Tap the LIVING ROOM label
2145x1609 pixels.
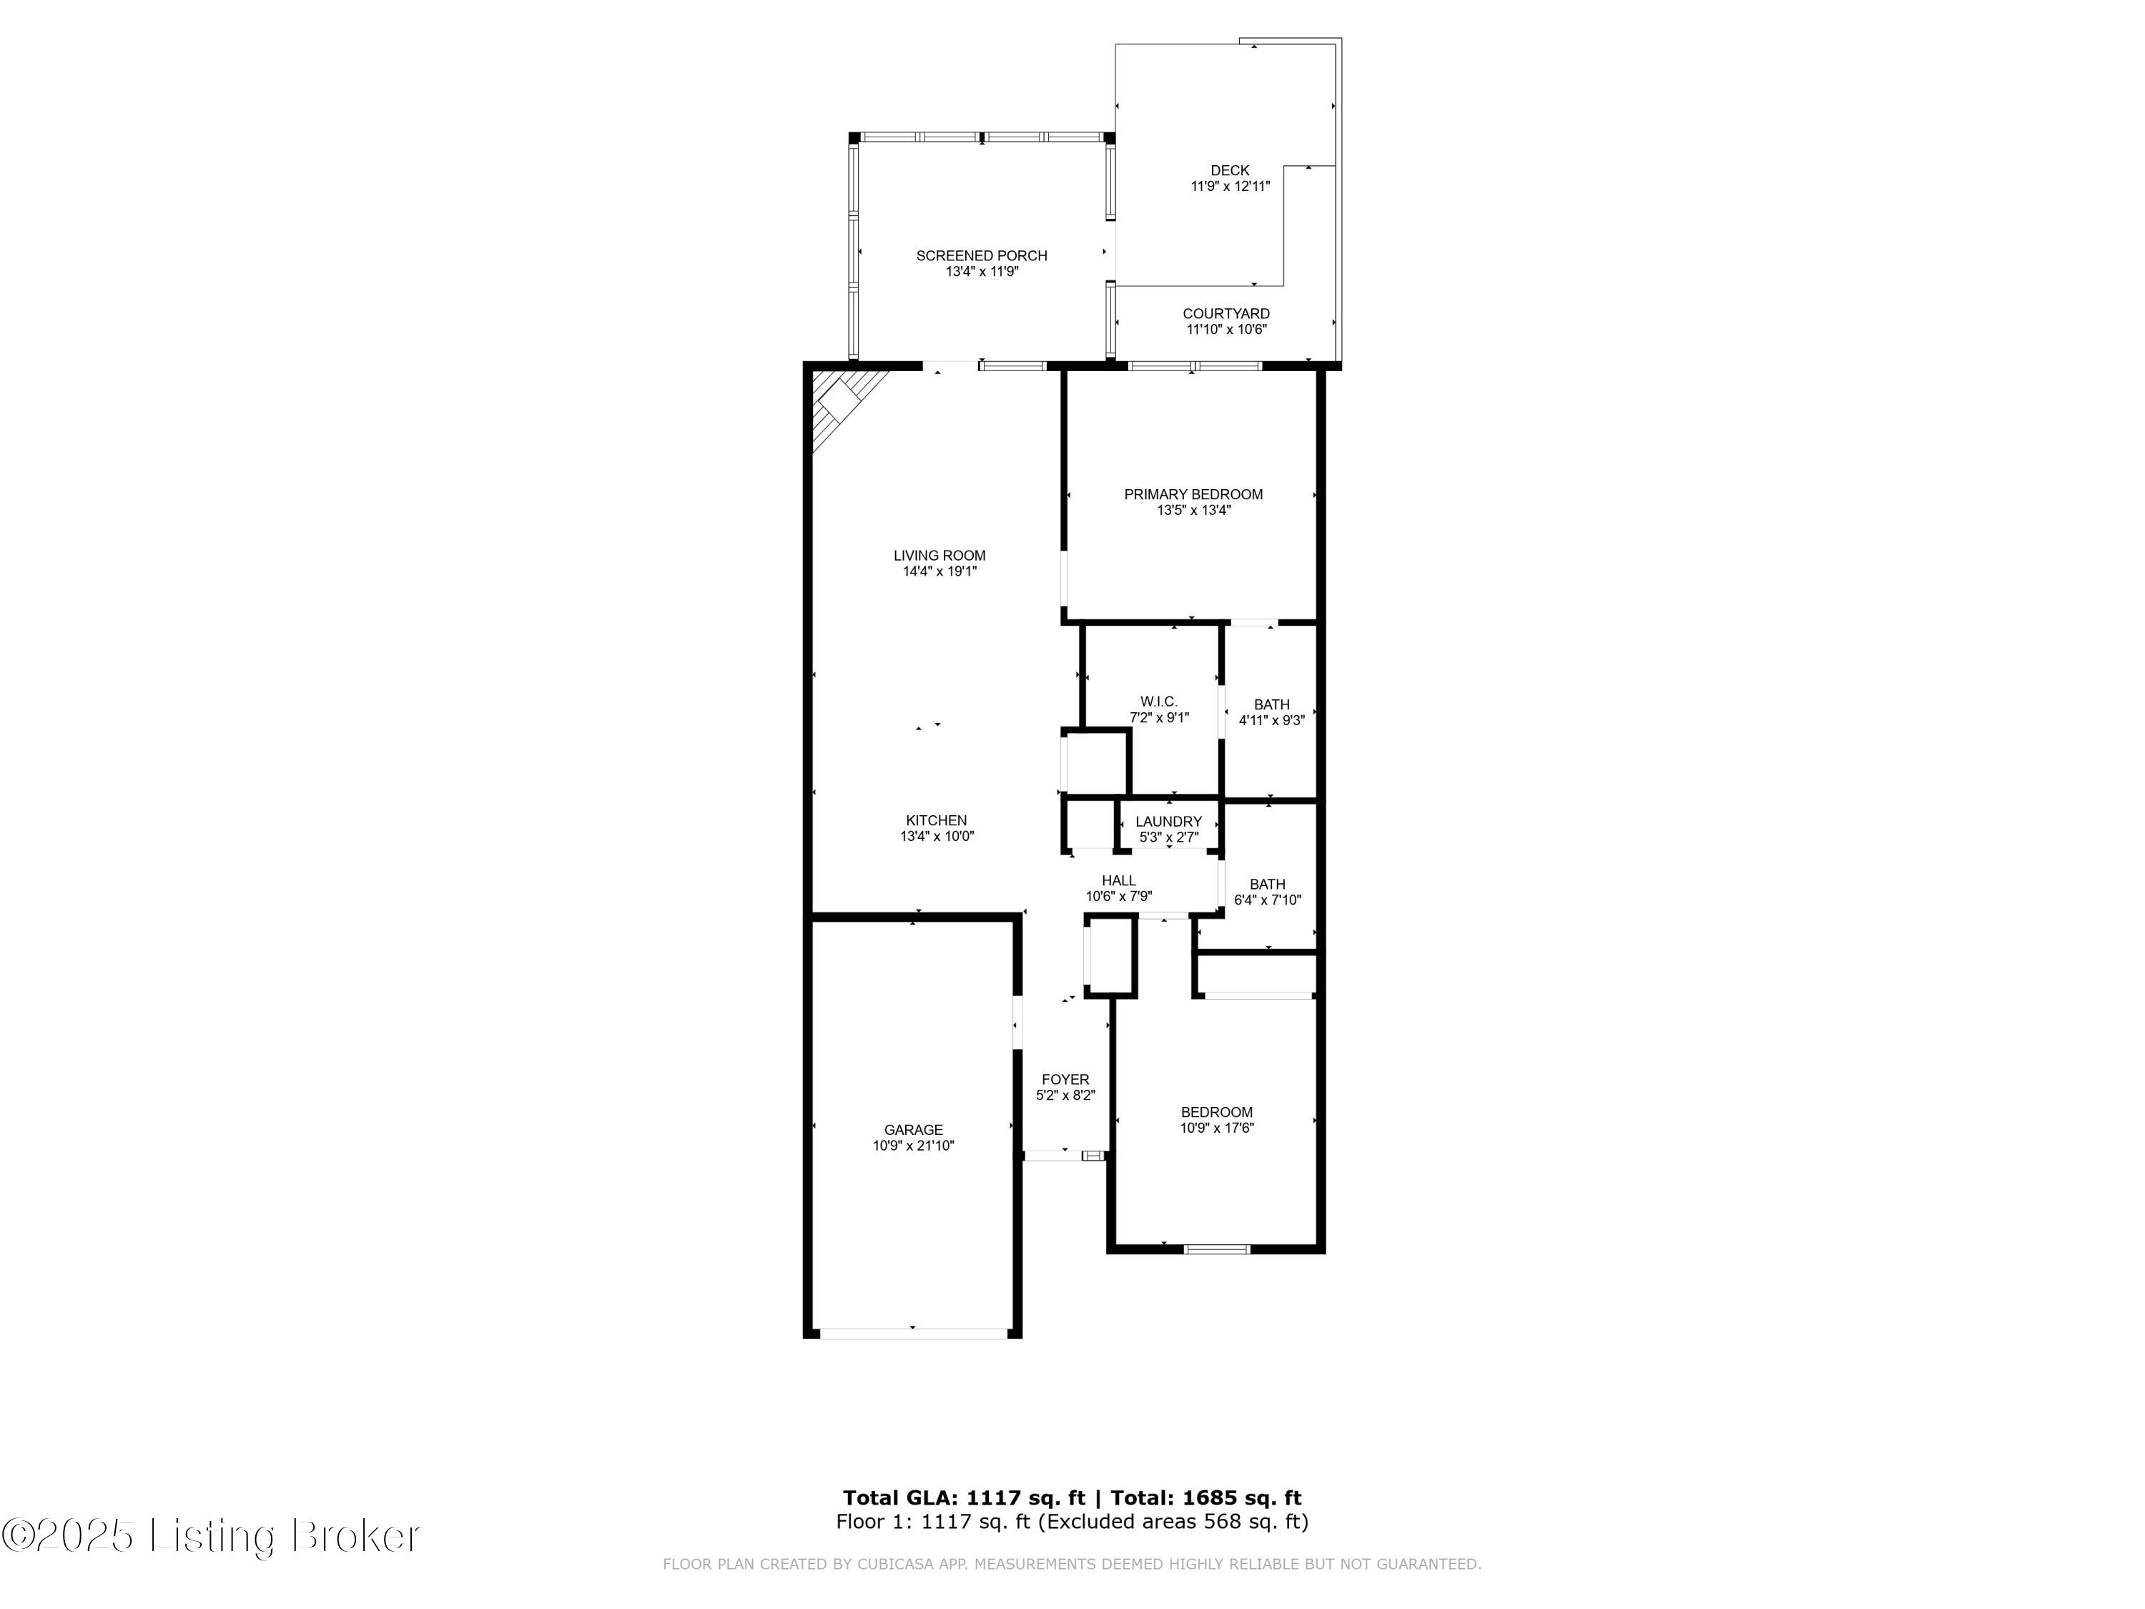pyautogui.click(x=939, y=556)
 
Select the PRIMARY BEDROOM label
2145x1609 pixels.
pyautogui.click(x=1193, y=495)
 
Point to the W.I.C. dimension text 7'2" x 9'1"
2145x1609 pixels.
pyautogui.click(x=1159, y=718)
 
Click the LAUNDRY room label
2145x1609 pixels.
pyautogui.click(x=1168, y=822)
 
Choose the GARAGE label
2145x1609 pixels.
pyautogui.click(x=912, y=1130)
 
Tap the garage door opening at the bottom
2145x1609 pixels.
pyautogui.click(x=912, y=1334)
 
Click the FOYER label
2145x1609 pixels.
pyautogui.click(x=1065, y=1079)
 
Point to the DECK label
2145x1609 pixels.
pyautogui.click(x=1230, y=171)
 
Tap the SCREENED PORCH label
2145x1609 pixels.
pyautogui.click(x=982, y=256)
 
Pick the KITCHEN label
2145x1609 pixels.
pyautogui.click(x=936, y=820)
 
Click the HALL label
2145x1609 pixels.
pyautogui.click(x=1118, y=880)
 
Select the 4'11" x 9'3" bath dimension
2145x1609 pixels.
pyautogui.click(x=1271, y=721)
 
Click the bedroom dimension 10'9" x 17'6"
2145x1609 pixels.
pyautogui.click(x=1217, y=1128)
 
